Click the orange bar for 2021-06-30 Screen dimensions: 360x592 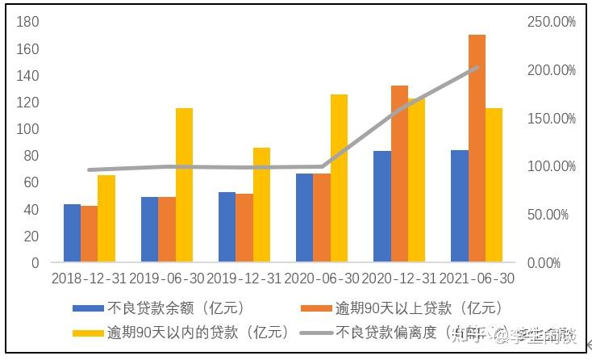(x=477, y=149)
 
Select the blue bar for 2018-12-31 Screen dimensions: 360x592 (x=72, y=233)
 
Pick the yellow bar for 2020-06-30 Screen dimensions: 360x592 (x=339, y=178)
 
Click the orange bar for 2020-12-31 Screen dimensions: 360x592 (x=399, y=174)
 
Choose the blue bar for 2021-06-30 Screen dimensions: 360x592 (x=459, y=206)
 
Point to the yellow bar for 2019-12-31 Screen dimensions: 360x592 (x=261, y=205)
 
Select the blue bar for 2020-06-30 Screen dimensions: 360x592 (x=304, y=218)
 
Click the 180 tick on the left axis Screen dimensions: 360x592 (x=27, y=23)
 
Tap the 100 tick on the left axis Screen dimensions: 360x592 (x=27, y=129)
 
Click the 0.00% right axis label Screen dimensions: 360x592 (x=555, y=263)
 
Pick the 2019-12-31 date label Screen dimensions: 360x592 (x=244, y=278)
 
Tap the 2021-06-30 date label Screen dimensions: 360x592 (x=477, y=278)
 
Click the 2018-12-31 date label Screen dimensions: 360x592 (x=89, y=278)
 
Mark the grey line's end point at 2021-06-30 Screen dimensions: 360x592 (x=477, y=68)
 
